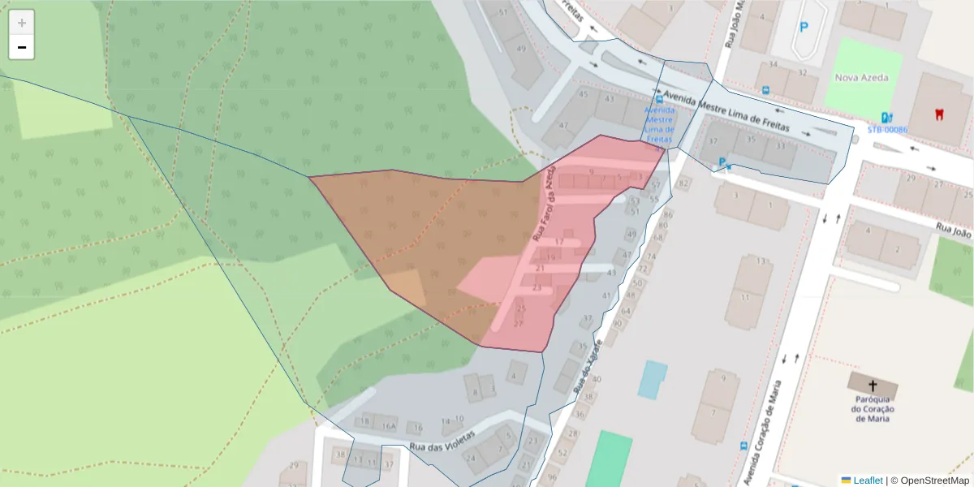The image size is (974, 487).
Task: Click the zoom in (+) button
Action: [x=22, y=23]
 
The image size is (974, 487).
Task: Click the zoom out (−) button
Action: [x=22, y=47]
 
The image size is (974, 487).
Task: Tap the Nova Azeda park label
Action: [x=861, y=78]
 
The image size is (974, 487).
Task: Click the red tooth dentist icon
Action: [x=939, y=114]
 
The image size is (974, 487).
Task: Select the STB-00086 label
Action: [x=887, y=130]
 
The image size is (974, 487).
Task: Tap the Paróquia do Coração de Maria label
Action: [x=873, y=409]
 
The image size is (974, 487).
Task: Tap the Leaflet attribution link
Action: [x=867, y=481]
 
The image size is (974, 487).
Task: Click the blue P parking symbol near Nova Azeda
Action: [x=804, y=27]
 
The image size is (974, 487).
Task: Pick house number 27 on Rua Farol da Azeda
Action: [x=519, y=324]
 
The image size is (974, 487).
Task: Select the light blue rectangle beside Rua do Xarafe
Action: [x=652, y=379]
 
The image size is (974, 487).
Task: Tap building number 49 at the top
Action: [x=521, y=49]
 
